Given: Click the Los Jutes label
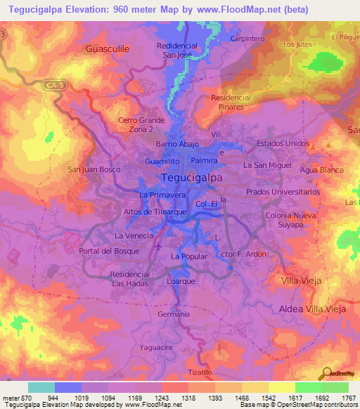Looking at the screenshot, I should pyautogui.click(x=297, y=44).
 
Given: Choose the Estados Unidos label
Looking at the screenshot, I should pyautogui.click(x=283, y=143).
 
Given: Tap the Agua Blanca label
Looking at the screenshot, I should pyautogui.click(x=321, y=170).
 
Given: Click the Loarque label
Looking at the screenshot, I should pyautogui.click(x=181, y=281).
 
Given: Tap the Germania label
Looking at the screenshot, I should pyautogui.click(x=174, y=314).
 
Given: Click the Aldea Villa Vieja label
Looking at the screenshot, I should pyautogui.click(x=313, y=309).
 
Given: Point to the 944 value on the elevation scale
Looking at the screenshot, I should pyautogui.click(x=67, y=397).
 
